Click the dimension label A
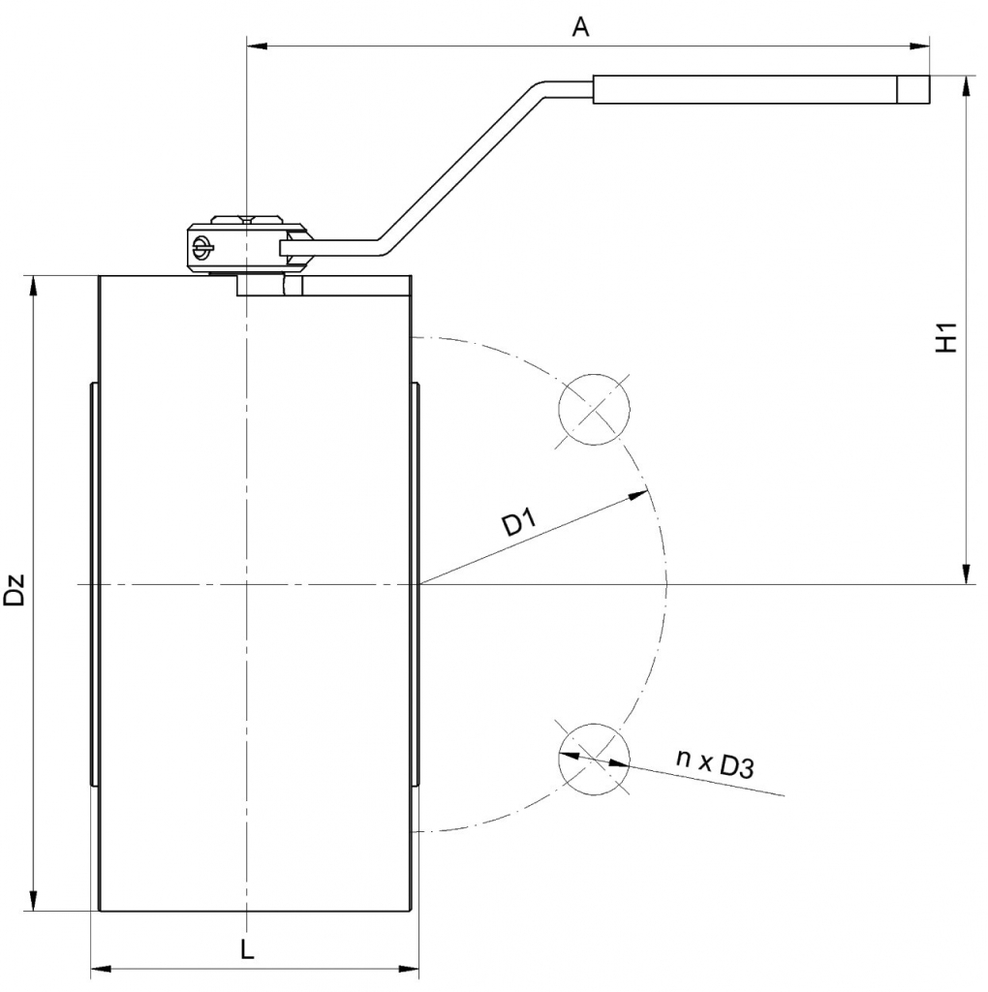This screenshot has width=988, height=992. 580,27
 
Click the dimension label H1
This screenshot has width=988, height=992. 947,337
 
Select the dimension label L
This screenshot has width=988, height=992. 247,949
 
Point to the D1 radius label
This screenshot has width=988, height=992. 519,523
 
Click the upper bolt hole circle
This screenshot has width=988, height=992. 594,410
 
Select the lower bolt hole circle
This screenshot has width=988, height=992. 594,759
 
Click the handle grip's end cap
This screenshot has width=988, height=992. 914,89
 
